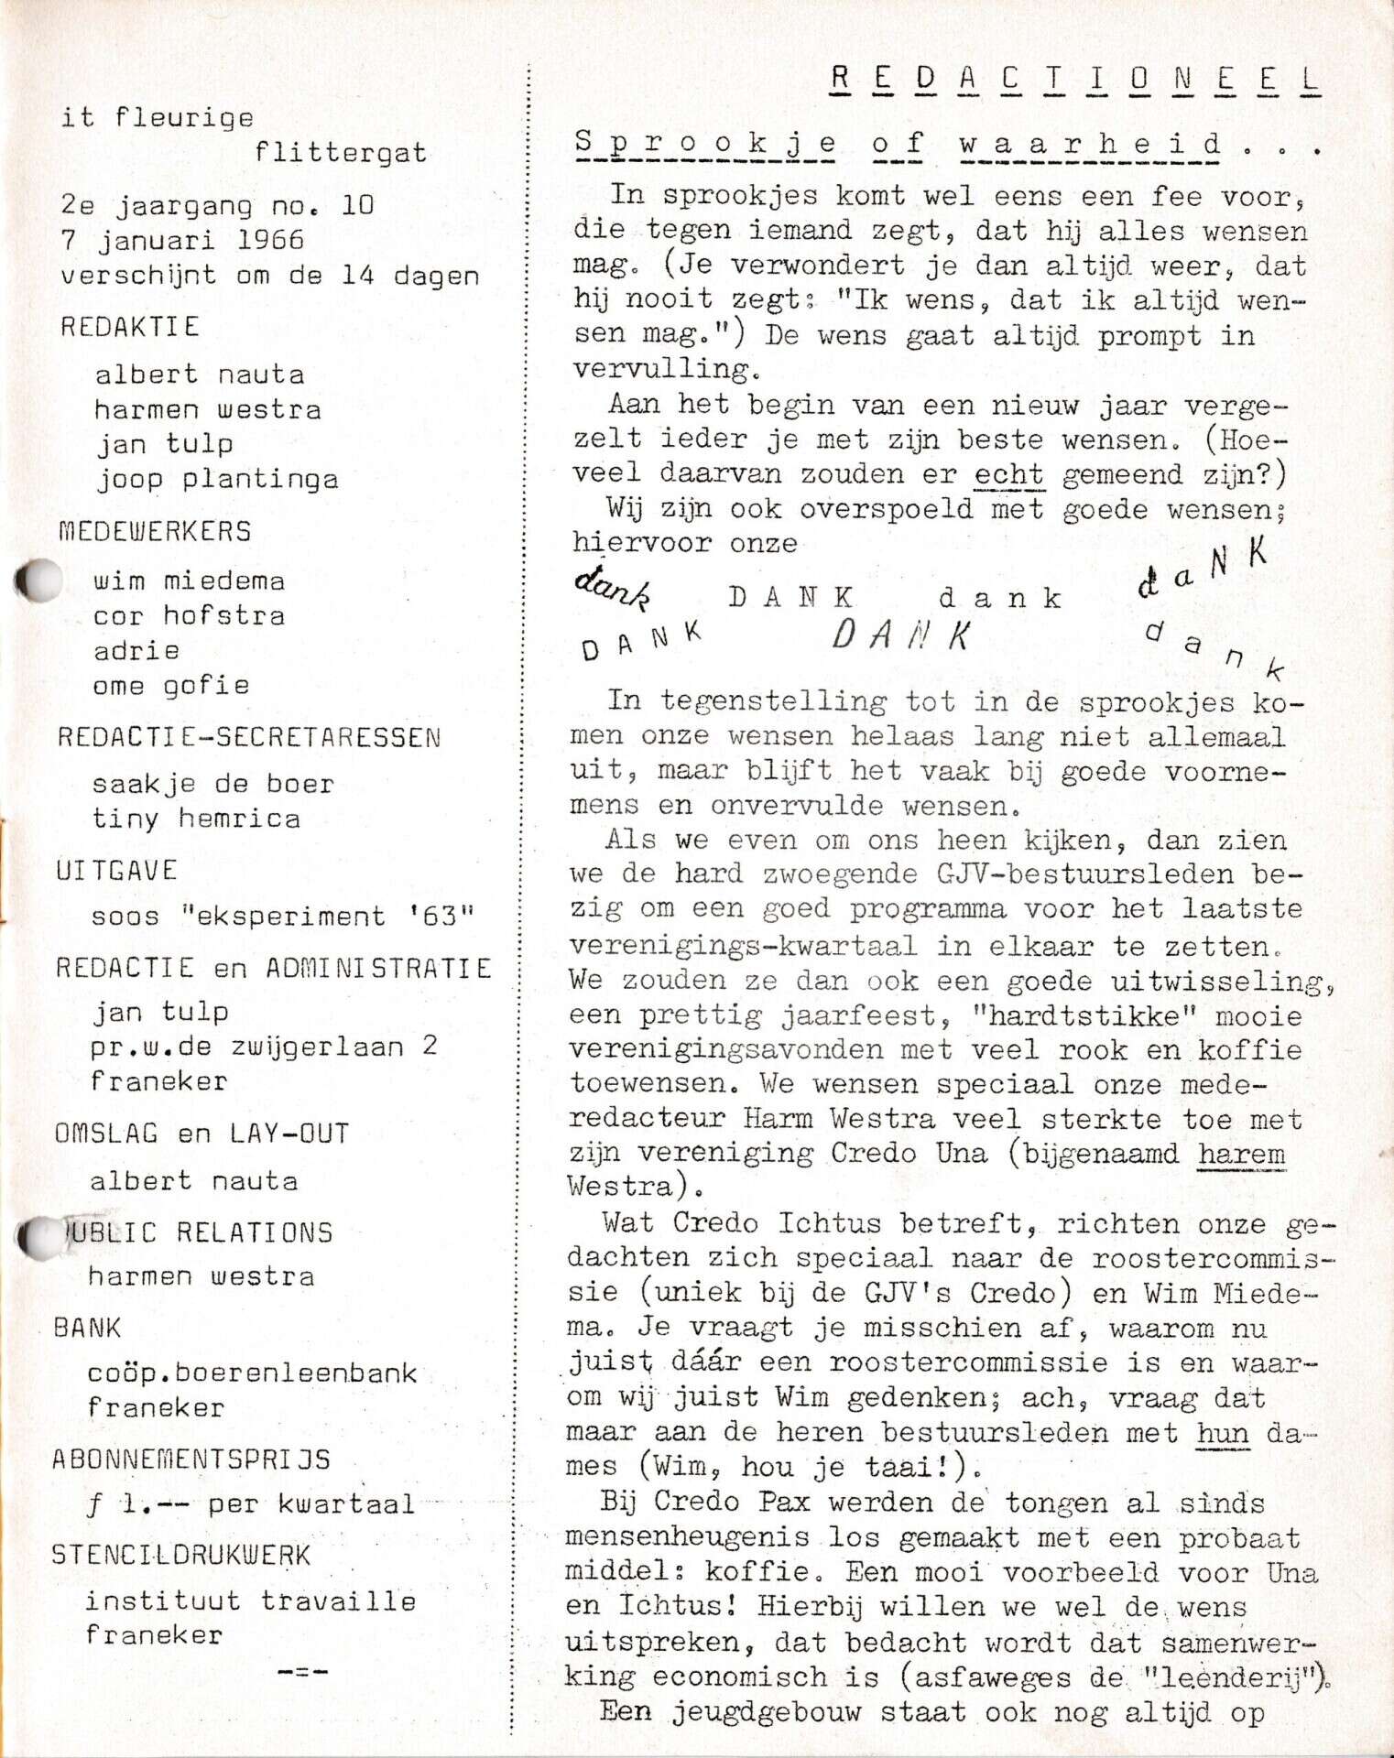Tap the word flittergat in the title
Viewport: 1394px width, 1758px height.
341,153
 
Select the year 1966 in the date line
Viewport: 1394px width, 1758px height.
269,240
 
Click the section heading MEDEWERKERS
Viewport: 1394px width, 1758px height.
155,532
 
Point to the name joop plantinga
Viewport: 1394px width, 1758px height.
217,479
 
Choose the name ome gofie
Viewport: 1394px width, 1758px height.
171,686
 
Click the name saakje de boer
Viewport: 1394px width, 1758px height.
213,784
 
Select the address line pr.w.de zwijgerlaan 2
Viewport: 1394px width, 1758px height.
264,1047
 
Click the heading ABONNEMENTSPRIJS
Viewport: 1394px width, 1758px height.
191,1460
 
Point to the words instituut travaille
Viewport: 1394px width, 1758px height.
251,1601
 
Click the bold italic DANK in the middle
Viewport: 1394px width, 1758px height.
901,635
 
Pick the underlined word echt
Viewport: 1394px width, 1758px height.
1008,474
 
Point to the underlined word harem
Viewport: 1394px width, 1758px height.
1241,1153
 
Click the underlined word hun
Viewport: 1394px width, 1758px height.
1222,1432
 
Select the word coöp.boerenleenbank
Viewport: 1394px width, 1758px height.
252,1373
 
